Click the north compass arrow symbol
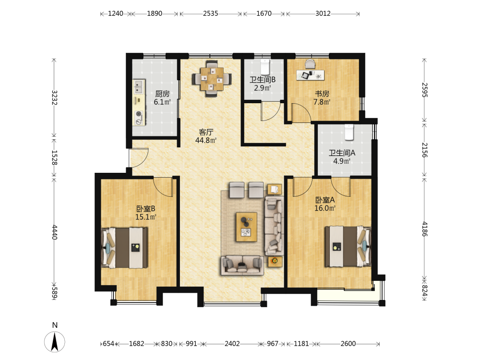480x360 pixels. tap(55, 342)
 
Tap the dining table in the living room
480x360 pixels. tap(212, 79)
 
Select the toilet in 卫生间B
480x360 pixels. tap(264, 67)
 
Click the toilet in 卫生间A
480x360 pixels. tap(349, 132)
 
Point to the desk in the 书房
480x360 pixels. tap(311, 75)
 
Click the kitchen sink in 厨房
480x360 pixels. tap(139, 87)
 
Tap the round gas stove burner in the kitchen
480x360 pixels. tap(139, 114)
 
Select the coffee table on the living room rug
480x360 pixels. tap(246, 227)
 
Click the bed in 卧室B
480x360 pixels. tap(125, 248)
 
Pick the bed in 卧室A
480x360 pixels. tap(348, 246)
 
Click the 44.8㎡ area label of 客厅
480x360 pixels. tap(206, 141)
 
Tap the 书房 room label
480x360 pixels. tap(322, 94)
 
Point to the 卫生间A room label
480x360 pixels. tap(342, 153)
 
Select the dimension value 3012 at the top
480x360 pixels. tap(323, 13)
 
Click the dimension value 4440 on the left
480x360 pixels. tap(55, 232)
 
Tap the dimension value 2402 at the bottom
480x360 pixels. tap(232, 344)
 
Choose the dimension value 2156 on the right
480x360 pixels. tap(424, 150)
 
